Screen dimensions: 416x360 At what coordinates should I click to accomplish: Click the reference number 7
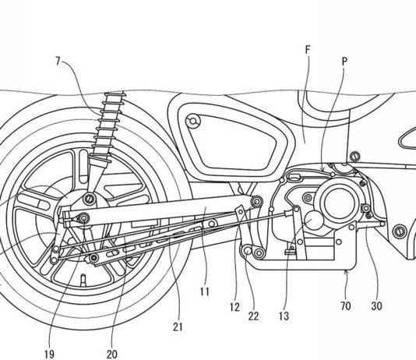pos(58,62)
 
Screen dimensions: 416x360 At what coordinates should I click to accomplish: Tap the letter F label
pos(308,50)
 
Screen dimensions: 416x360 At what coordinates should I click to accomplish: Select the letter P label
pos(344,62)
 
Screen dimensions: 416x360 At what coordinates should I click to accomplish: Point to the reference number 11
pos(205,292)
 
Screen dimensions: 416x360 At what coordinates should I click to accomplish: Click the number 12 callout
pos(234,307)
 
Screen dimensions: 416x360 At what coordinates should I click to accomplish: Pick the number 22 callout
pos(253,316)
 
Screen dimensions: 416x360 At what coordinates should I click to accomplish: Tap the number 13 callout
pos(284,316)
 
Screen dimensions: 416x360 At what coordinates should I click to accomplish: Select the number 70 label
pos(346,306)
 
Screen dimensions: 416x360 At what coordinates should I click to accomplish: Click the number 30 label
pos(376,306)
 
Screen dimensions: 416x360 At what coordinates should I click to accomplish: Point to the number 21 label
pos(178,327)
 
